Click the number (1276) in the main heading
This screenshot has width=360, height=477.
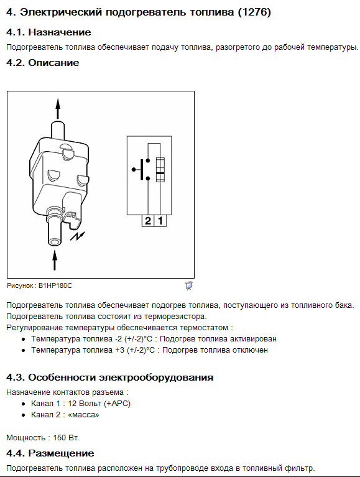click(254, 12)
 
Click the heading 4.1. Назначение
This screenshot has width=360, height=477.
click(48, 32)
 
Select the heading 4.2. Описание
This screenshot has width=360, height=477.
click(43, 63)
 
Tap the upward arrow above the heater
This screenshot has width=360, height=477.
click(58, 109)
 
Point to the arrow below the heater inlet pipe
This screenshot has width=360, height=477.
click(55, 260)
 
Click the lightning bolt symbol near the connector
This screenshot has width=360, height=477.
click(78, 236)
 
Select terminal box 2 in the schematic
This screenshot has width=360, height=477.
click(148, 221)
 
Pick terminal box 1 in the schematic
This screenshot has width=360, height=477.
click(160, 221)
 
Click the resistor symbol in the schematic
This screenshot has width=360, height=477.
click(160, 170)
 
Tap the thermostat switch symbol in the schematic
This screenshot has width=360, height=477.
click(141, 169)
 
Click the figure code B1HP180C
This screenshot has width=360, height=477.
click(55, 285)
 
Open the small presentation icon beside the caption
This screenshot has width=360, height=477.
click(189, 285)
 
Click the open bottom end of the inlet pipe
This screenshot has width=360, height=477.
click(55, 242)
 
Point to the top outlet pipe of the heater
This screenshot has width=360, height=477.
click(58, 129)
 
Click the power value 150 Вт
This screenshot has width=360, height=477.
click(67, 438)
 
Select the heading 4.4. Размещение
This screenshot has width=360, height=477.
click(50, 453)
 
